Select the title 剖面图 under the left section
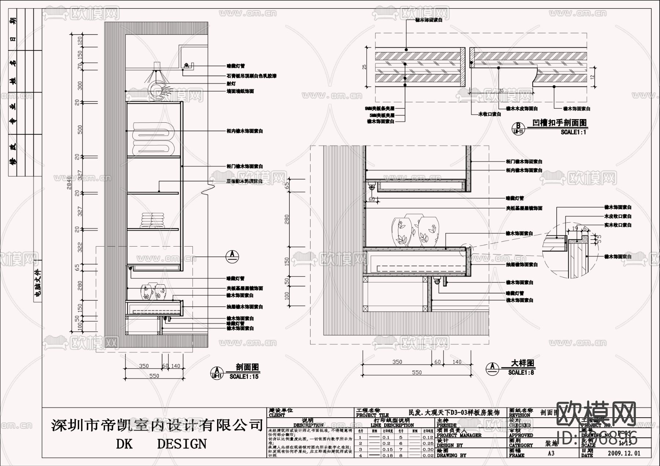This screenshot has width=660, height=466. click(247, 367)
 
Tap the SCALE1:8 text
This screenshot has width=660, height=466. click(521, 373)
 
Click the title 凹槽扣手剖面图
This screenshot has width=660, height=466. click(559, 123)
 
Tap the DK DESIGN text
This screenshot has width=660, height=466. click(161, 444)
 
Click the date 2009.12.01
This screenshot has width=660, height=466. click(624, 453)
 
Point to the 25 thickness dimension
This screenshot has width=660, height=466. click(364, 67)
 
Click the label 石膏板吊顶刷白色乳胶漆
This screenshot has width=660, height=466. click(251, 76)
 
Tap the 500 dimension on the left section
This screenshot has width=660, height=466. click(80, 129)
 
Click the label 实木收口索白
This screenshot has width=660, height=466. click(618, 225)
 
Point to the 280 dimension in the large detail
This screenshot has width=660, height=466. click(287, 219)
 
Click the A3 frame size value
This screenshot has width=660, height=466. click(551, 453)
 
